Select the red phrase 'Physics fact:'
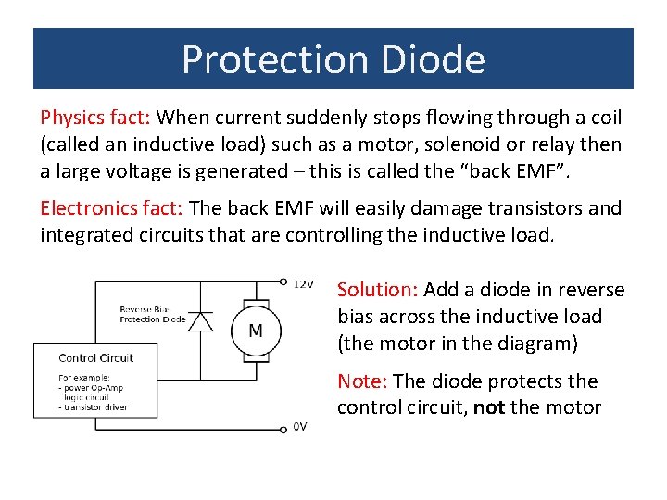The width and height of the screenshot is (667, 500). [95, 118]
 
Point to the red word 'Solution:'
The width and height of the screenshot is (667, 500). [377, 290]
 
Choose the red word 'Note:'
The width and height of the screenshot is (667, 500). [363, 381]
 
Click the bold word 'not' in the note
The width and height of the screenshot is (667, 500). [488, 407]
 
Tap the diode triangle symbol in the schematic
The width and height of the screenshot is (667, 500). [199, 321]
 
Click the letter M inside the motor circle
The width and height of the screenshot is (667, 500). [256, 331]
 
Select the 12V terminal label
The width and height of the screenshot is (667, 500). [303, 283]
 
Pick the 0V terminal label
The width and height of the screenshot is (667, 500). [300, 426]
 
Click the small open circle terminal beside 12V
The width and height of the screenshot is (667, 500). [283, 281]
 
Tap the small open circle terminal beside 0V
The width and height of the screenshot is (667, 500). [283, 429]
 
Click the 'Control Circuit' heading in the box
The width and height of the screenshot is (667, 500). [96, 357]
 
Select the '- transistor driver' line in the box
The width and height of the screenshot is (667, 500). [93, 406]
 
